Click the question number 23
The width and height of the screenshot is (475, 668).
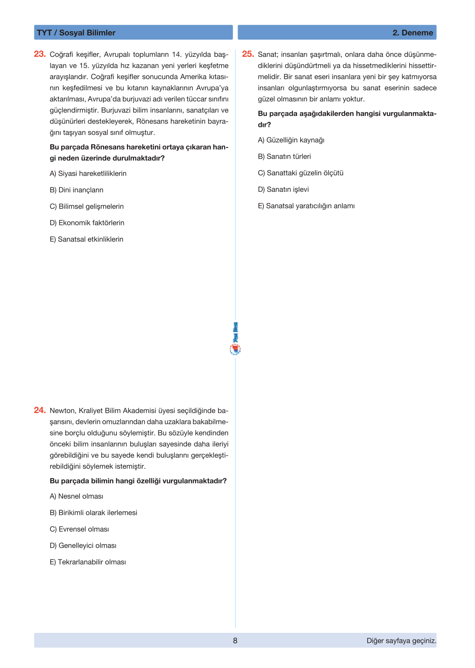point(40,54)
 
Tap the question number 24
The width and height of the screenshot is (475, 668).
point(40,410)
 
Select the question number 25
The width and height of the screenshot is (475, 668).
point(248,54)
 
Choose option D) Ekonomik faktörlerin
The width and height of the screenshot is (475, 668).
point(87,223)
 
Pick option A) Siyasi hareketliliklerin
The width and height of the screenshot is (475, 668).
point(88,173)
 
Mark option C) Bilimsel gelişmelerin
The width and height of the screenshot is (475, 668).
point(87,207)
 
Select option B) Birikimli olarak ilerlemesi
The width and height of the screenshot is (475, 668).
point(93,513)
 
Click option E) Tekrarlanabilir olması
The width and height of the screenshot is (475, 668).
point(88,562)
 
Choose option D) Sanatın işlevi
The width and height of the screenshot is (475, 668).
point(283,189)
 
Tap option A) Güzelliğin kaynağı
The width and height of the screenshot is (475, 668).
point(291,140)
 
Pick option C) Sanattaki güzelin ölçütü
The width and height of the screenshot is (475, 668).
point(301,173)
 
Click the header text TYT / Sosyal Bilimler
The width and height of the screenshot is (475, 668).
point(76,33)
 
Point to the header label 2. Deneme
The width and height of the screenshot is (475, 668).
point(413,33)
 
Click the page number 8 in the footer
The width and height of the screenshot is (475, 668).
point(235,641)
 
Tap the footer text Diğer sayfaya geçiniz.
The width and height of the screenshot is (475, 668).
point(401,641)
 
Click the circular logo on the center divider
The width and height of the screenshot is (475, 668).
point(236,350)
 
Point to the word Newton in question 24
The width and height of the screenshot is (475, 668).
point(63,411)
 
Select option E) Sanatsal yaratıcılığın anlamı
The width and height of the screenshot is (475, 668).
point(306,206)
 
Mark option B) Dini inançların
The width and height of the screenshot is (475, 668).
point(77,190)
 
